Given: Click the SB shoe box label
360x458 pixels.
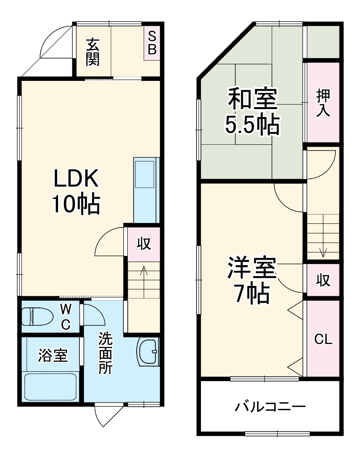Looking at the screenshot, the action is (x=152, y=43).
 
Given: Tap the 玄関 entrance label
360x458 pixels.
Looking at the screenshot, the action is (x=93, y=52).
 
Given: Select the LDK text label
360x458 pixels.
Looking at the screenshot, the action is (x=76, y=178).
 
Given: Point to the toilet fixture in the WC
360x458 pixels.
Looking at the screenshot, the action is (x=38, y=317).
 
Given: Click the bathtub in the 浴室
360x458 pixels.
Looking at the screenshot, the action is (x=50, y=387).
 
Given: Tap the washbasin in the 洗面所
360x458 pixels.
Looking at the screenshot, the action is (x=148, y=351).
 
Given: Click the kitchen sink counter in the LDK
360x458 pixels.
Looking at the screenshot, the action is (x=146, y=190).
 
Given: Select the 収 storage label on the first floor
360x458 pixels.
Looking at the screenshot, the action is (x=144, y=244).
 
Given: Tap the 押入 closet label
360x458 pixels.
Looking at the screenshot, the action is (x=323, y=103).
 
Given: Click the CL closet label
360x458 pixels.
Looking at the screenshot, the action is (x=323, y=340).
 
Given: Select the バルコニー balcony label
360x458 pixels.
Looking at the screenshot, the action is (x=270, y=406).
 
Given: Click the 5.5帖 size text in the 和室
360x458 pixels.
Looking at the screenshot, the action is (x=252, y=124).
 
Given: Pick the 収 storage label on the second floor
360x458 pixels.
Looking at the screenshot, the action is (x=323, y=281).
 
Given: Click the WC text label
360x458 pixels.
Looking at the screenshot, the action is (x=66, y=316).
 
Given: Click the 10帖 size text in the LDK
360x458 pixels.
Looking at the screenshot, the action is (x=76, y=204).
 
